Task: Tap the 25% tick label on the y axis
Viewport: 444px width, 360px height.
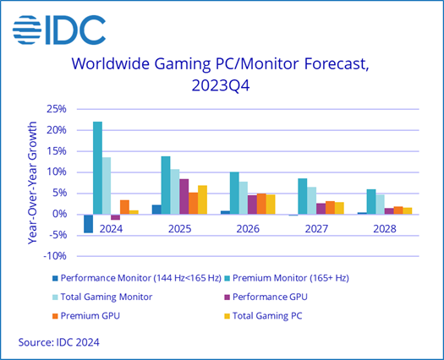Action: (56, 109)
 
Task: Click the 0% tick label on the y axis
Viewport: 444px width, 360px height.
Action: (59, 214)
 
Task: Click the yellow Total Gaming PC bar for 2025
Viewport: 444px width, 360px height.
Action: (202, 199)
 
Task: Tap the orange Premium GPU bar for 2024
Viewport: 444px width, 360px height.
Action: (124, 206)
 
